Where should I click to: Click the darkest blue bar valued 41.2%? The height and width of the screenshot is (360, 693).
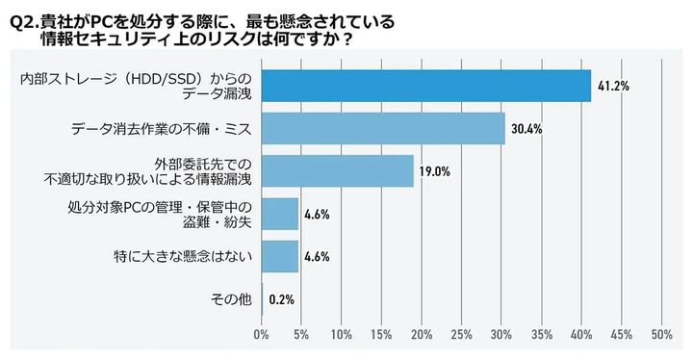click(425, 86)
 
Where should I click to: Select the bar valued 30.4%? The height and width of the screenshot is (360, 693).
click(382, 128)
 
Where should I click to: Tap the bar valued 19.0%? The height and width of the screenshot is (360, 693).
click(337, 170)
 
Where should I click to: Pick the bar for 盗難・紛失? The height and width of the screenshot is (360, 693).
click(279, 214)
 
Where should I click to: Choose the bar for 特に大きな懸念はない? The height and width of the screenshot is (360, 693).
click(279, 256)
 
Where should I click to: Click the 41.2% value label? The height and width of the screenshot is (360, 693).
click(613, 86)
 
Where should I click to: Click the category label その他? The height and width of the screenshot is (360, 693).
click(230, 299)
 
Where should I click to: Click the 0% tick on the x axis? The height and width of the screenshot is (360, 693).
click(261, 335)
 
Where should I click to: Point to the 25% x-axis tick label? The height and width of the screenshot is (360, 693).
click(461, 335)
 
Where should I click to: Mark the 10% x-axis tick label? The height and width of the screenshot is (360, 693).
click(341, 335)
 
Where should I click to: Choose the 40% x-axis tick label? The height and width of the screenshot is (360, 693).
click(581, 335)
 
